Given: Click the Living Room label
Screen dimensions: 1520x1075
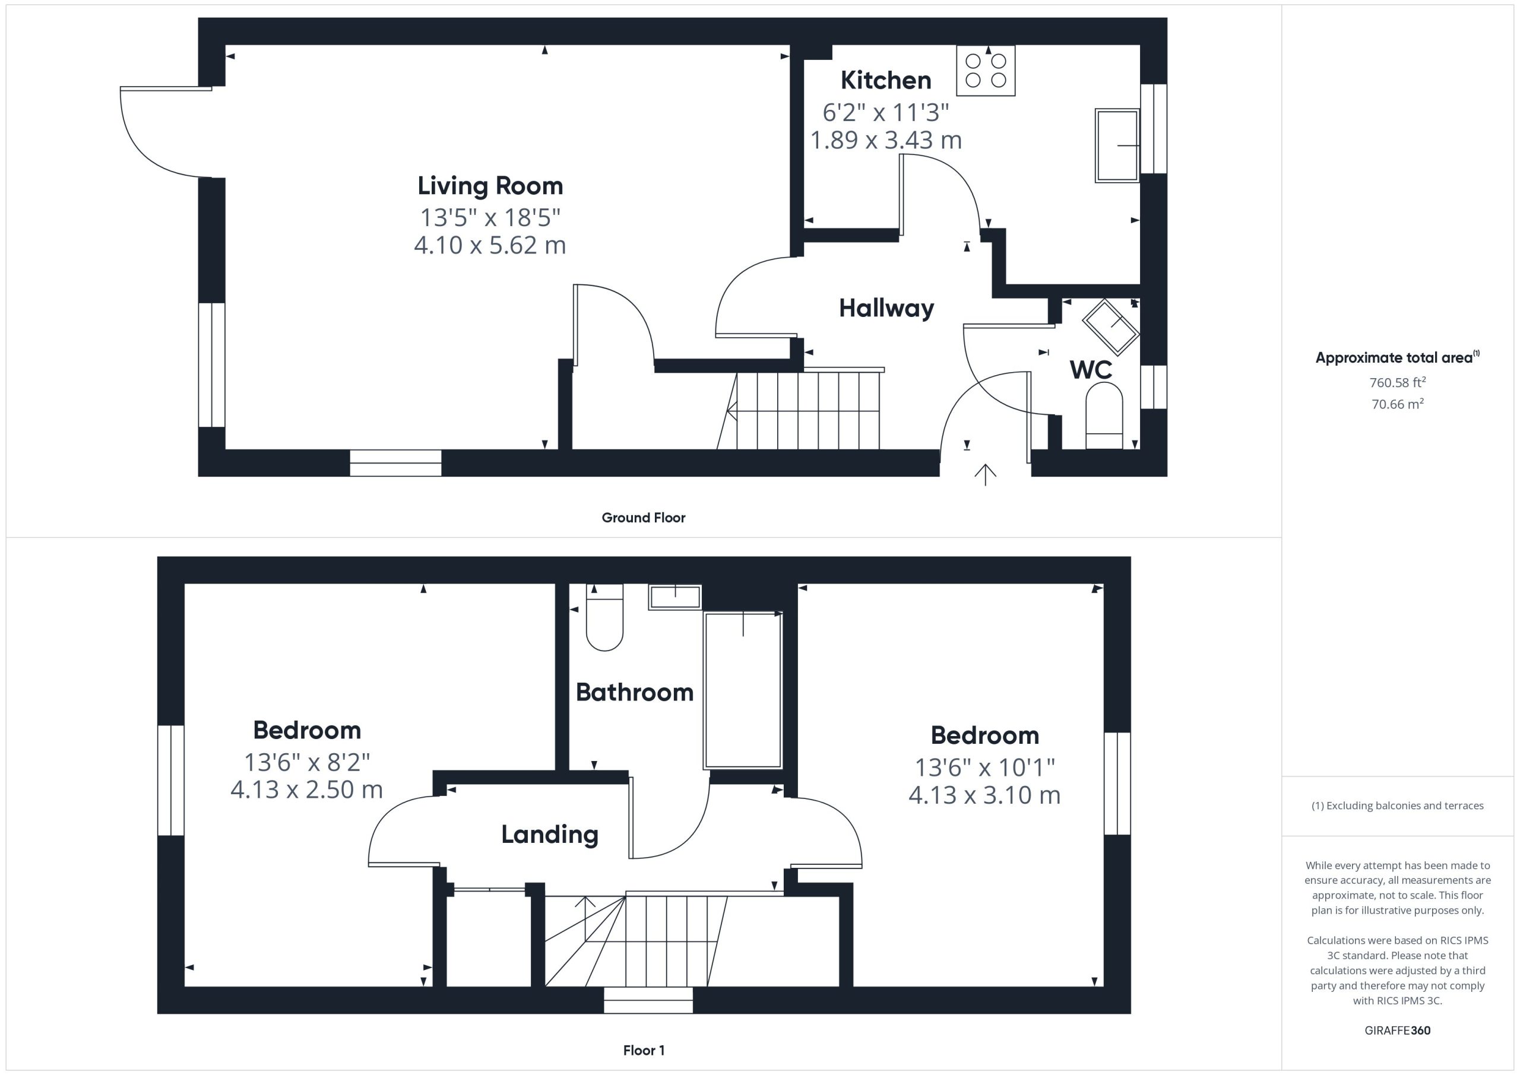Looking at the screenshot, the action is click(x=490, y=186).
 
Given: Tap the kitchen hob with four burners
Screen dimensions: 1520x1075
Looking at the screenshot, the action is click(x=986, y=71).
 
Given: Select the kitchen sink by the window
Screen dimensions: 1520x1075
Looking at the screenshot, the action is click(x=1117, y=145).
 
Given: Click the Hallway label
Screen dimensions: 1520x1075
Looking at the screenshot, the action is click(x=886, y=309).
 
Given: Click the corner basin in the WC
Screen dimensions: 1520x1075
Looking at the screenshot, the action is click(x=1111, y=326).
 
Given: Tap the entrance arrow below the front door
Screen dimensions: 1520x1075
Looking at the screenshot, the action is click(x=985, y=475).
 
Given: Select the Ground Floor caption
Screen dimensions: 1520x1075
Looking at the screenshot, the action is click(x=644, y=518).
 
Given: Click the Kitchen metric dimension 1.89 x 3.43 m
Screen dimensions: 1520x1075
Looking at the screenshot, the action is click(x=886, y=140).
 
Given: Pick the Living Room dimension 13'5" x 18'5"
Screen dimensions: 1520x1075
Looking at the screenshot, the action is click(x=490, y=217).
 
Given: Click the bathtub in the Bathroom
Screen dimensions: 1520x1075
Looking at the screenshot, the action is click(x=743, y=690).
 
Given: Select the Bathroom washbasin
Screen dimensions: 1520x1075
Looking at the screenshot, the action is click(x=674, y=597).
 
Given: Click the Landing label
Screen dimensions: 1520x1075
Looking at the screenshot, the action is click(x=549, y=835).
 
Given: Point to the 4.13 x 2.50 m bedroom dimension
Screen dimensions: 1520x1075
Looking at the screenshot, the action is click(x=306, y=789).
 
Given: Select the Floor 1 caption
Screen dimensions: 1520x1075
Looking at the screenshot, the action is click(x=644, y=1051).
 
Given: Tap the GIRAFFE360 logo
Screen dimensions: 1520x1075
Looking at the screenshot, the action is click(x=1397, y=1030).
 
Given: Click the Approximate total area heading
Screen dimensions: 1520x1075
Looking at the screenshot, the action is click(x=1397, y=357).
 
